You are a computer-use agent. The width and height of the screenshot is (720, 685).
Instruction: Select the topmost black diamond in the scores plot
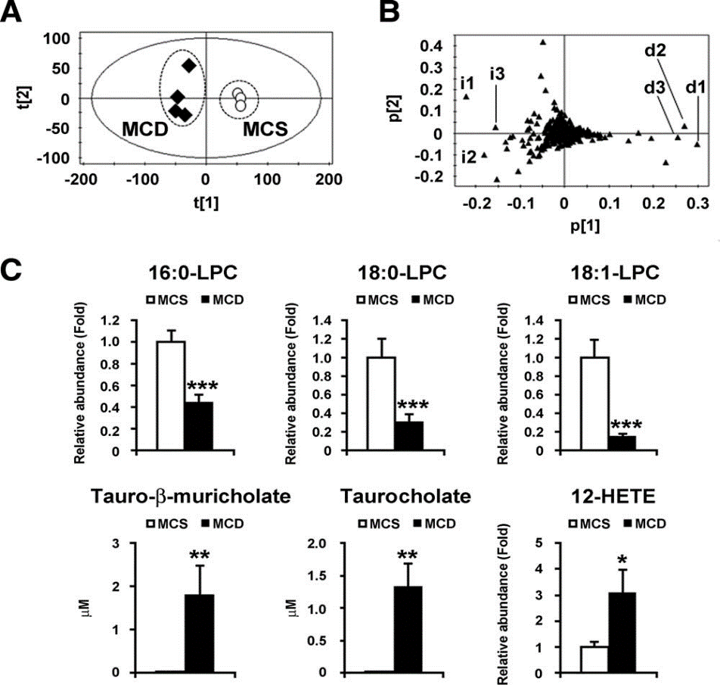(x=189, y=65)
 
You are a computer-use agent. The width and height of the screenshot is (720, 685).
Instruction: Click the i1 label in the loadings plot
(x=466, y=82)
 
